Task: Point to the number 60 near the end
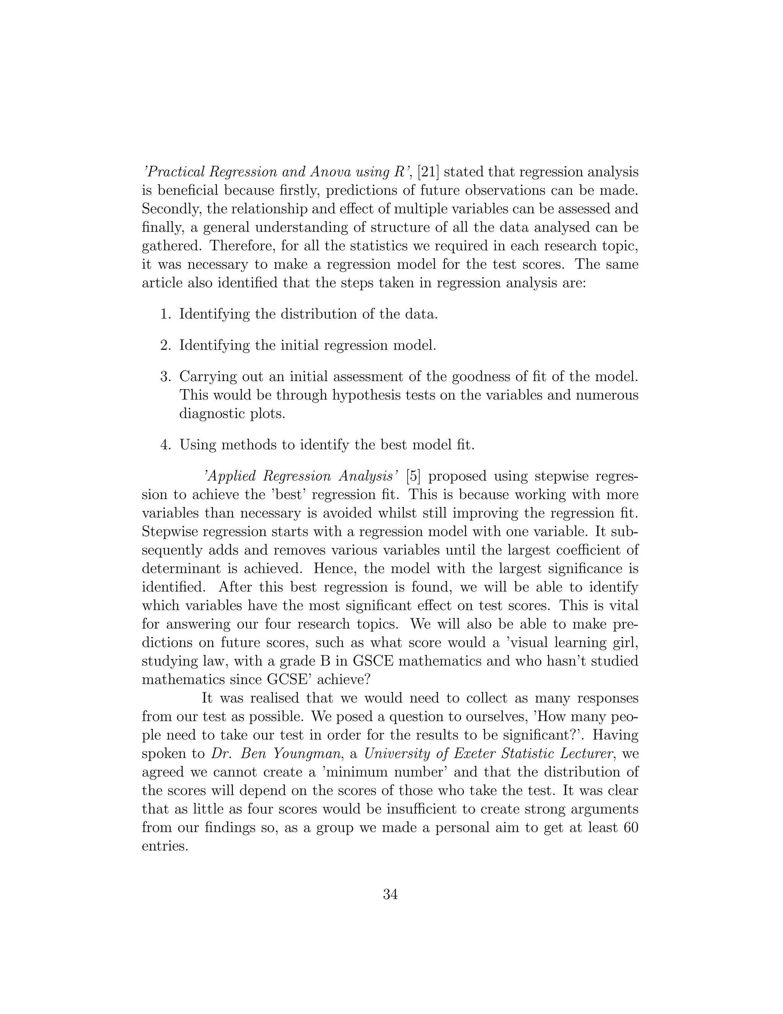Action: click(x=629, y=827)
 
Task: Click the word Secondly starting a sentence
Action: click(x=171, y=209)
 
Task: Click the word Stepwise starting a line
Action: click(x=172, y=531)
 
